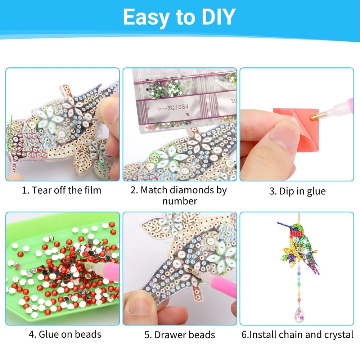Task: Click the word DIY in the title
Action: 215,17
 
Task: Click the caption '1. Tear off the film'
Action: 62,190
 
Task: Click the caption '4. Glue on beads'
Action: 65,334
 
